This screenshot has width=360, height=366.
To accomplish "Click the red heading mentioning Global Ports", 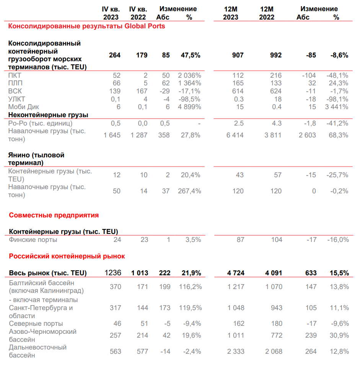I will (86, 26).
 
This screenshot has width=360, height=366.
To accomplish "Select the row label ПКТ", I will (15, 75).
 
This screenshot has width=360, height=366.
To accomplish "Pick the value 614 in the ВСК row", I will (238, 91).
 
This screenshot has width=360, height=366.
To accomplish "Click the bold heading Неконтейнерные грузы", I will (48, 115).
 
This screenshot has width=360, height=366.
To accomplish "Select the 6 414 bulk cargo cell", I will (235, 135).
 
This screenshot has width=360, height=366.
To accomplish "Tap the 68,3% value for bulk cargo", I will (339, 135).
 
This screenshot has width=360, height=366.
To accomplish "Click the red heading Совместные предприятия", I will (54, 215).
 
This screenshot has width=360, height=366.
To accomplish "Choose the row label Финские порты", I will (33, 240).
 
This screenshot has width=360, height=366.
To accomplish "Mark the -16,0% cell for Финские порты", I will (338, 240).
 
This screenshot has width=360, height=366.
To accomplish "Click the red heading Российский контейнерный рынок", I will (67, 256).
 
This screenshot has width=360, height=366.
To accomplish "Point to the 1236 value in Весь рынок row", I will (113, 273).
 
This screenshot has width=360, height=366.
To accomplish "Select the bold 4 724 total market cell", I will (235, 273).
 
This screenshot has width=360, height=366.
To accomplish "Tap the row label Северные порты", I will (36, 324).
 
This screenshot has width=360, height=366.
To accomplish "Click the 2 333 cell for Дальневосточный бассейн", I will (235, 351).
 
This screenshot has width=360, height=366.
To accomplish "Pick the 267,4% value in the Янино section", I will (189, 191).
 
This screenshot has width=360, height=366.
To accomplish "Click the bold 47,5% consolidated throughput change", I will (190, 55).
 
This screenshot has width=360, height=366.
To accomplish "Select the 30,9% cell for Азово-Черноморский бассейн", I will (339, 335).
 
